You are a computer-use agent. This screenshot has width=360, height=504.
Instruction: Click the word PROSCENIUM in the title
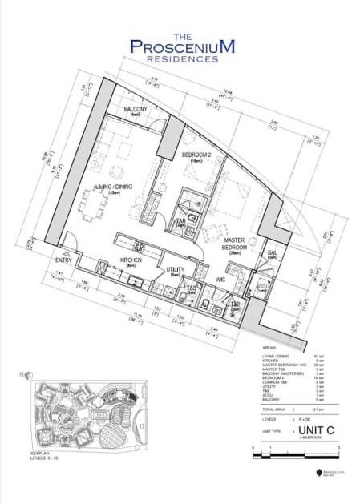(182, 47)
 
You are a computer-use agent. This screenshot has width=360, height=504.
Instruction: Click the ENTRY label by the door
(64, 260)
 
